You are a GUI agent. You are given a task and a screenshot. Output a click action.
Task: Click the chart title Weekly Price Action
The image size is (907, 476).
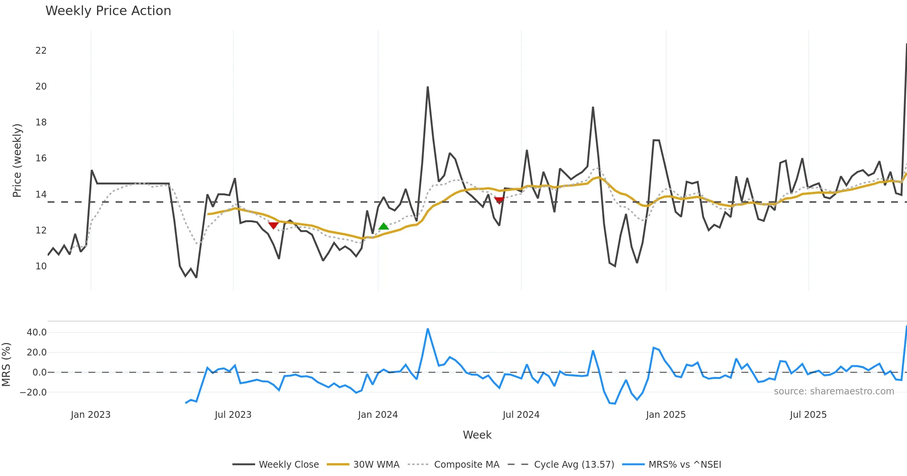(108, 11)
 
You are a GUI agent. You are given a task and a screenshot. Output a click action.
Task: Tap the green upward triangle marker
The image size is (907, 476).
(384, 226)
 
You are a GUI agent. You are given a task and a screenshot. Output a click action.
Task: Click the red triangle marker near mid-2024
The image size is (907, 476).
(499, 200)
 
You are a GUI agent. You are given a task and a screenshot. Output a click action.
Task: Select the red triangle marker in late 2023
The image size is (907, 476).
(273, 226)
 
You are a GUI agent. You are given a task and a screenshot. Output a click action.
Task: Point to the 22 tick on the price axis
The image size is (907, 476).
(41, 51)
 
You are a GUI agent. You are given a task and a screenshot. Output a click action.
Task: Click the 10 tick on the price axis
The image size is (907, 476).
(41, 266)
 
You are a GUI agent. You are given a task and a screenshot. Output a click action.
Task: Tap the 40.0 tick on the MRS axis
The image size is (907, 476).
(37, 332)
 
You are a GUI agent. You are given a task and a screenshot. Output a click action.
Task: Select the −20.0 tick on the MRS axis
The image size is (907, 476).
(33, 393)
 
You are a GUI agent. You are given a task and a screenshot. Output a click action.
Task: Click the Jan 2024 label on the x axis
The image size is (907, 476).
(378, 415)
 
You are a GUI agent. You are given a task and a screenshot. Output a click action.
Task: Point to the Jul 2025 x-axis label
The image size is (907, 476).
(808, 415)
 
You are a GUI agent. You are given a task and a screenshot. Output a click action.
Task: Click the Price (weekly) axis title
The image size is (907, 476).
(17, 161)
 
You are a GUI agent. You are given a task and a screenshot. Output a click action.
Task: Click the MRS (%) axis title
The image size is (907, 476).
(6, 365)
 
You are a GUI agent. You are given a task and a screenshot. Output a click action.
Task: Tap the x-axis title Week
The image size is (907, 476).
(477, 435)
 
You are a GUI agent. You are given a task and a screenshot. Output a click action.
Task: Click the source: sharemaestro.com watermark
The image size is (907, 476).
(834, 391)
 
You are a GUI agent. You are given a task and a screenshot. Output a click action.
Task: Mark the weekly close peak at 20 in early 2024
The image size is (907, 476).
(427, 87)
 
